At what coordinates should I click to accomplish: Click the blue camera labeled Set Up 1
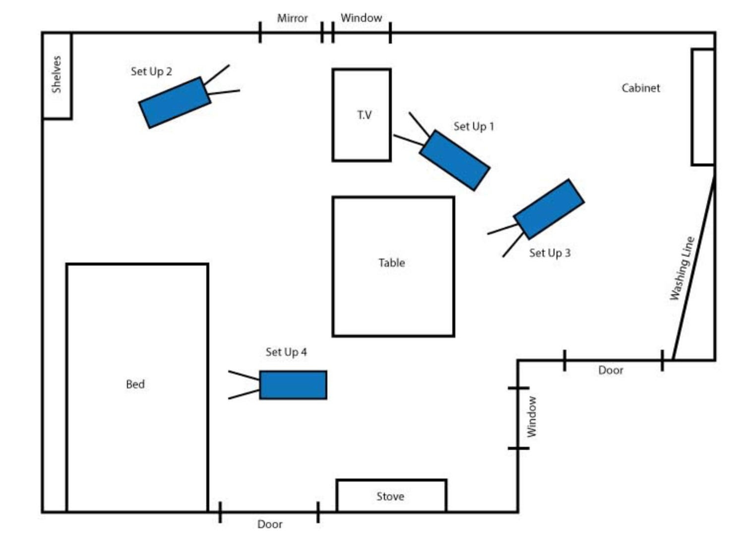coord(455,161)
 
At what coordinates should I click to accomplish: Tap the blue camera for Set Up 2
coord(175,103)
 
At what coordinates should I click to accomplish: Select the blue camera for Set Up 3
coord(549,209)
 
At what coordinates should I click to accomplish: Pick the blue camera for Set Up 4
coord(293,385)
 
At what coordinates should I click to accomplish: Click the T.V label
coord(365,115)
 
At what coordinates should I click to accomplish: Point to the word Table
coord(391,263)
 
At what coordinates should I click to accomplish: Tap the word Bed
coord(135,384)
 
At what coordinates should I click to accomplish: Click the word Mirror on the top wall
coord(292,18)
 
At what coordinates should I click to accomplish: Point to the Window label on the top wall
coord(362,18)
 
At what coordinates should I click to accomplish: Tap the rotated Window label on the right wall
coord(531,417)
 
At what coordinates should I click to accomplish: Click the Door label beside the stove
coord(270,524)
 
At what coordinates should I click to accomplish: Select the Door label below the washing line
coord(611,371)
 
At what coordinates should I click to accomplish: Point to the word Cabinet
coord(641,88)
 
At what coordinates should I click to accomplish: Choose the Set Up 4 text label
coord(286,352)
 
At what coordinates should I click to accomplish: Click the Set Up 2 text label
coord(152,72)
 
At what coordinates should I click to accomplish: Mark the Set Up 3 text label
coord(550,253)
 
